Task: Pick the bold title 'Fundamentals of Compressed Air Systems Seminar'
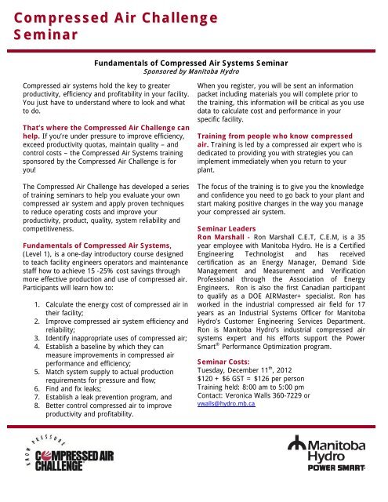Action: click(x=193, y=59)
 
